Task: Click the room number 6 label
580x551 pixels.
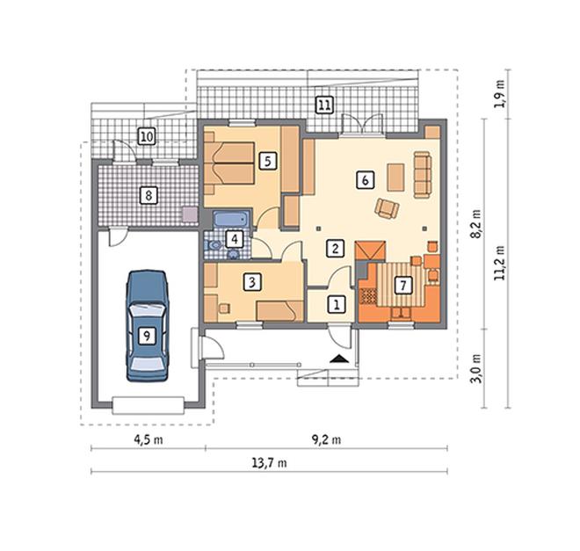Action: pos(365,180)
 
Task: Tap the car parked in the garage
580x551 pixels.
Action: pos(148,326)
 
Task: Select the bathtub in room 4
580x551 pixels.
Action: pos(231,220)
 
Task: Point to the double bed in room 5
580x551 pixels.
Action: pos(229,163)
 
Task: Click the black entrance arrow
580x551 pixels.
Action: pos(338,358)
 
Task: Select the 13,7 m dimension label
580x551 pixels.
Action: pos(269,462)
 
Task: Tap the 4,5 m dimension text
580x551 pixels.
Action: pos(148,439)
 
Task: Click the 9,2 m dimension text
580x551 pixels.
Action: pos(326,439)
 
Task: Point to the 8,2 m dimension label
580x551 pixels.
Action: pos(477,224)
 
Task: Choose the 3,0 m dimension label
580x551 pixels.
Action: pos(477,369)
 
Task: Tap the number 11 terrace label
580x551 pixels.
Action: pos(324,105)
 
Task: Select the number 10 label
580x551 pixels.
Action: pos(147,136)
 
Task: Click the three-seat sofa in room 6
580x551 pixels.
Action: pos(423,174)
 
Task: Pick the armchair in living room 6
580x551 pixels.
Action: pos(387,208)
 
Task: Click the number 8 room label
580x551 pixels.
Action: pos(149,195)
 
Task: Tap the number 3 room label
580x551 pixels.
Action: pos(252,282)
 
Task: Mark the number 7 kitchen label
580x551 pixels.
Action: pos(403,285)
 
